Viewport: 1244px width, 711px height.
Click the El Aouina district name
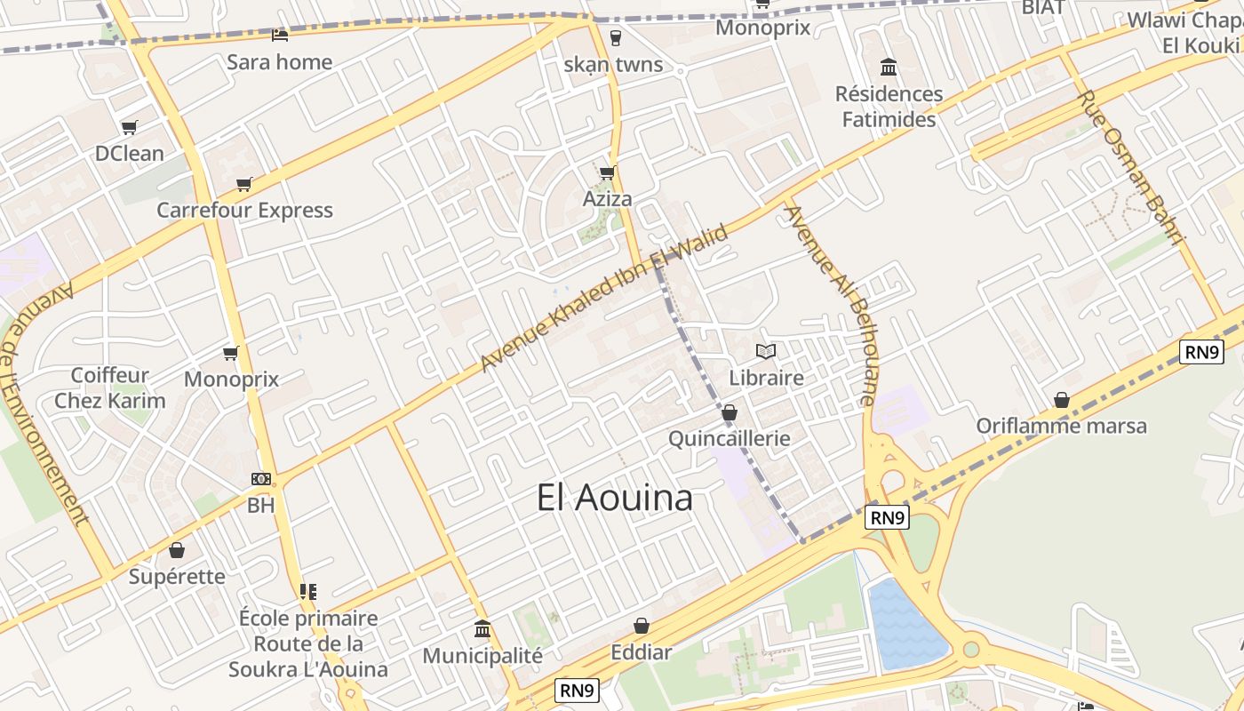(x=614, y=498)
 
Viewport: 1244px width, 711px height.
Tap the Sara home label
(x=279, y=62)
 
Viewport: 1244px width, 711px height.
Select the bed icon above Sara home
(x=279, y=36)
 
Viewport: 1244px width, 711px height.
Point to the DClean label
(x=130, y=153)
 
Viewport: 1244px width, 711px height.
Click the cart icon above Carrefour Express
(x=243, y=185)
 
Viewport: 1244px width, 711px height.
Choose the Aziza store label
(x=607, y=198)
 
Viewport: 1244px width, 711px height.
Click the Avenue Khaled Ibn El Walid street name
(x=604, y=298)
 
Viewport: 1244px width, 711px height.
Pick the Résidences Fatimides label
(x=889, y=107)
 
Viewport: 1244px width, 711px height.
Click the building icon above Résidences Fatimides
(x=888, y=67)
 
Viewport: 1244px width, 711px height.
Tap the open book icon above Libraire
(x=765, y=352)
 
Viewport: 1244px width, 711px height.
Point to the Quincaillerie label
(x=729, y=438)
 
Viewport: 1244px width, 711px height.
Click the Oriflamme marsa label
(x=1061, y=426)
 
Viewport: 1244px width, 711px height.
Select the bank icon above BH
(x=260, y=479)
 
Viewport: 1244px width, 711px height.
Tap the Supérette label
(x=177, y=576)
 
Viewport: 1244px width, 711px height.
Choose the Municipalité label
(x=482, y=656)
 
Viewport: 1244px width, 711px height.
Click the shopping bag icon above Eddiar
(x=641, y=627)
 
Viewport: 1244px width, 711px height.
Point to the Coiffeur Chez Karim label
(x=110, y=387)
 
